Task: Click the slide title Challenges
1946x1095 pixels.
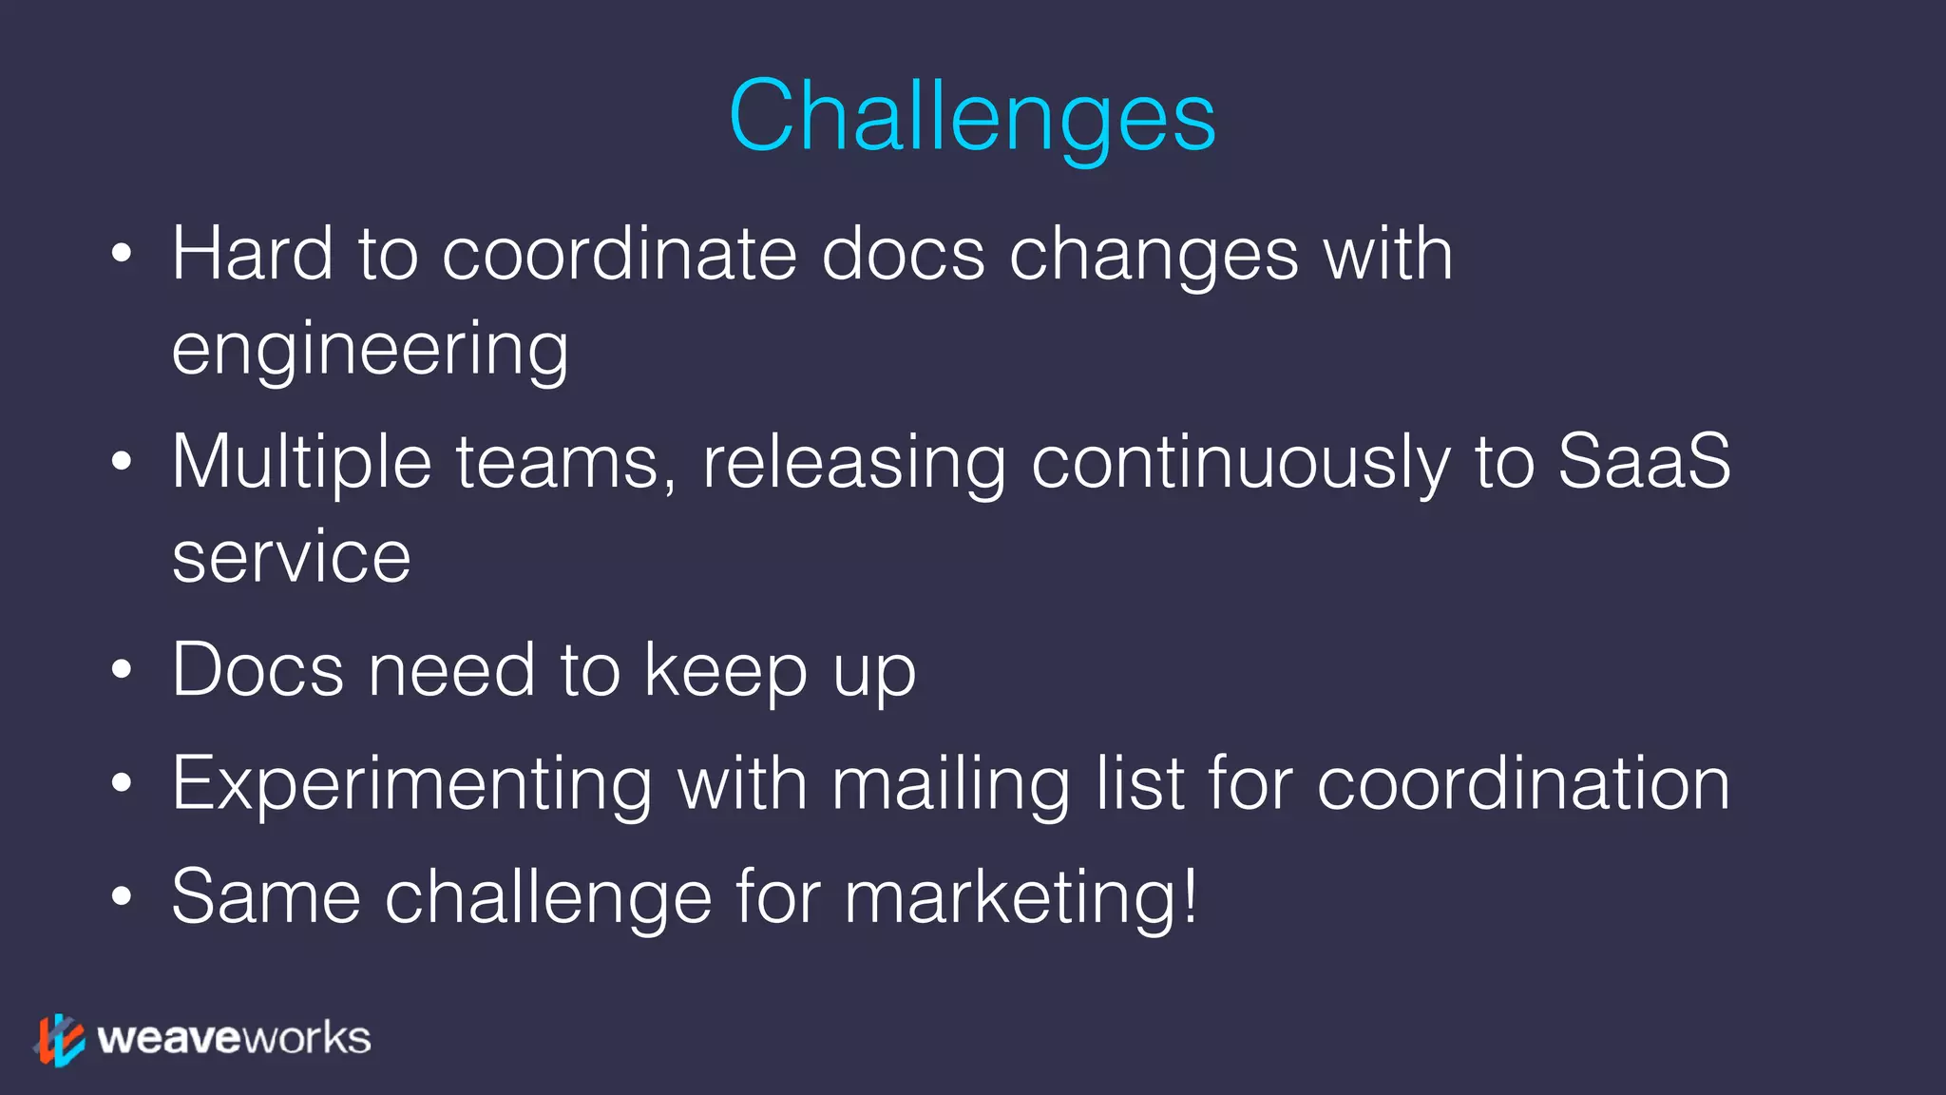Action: click(x=972, y=116)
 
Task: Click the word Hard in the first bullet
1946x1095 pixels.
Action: click(x=252, y=254)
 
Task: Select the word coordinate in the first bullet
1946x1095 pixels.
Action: click(x=619, y=254)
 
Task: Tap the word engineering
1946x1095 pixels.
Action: click(x=370, y=351)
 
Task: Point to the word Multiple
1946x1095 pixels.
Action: click(x=301, y=463)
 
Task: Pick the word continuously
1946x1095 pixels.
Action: click(x=1240, y=463)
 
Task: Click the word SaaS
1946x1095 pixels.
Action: click(x=1644, y=461)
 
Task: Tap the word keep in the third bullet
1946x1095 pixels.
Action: click(x=726, y=671)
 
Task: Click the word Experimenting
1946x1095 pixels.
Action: click(x=411, y=785)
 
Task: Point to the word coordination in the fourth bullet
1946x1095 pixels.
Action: click(x=1523, y=784)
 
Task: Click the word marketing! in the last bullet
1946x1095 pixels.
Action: click(x=1021, y=897)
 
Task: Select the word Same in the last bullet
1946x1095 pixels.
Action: click(x=266, y=896)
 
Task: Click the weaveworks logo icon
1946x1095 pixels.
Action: click(x=59, y=1039)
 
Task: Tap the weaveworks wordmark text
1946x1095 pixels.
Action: click(x=234, y=1038)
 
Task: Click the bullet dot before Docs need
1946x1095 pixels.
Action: click(x=121, y=670)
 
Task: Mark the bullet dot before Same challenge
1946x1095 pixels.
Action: click(x=121, y=896)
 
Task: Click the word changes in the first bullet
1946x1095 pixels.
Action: click(x=1154, y=256)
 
